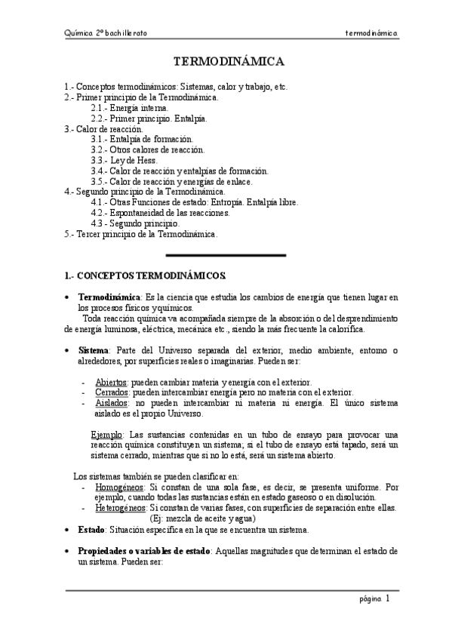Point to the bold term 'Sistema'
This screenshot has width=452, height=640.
(94, 350)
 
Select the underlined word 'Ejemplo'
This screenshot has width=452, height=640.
(107, 435)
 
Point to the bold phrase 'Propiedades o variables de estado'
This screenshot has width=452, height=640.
(144, 552)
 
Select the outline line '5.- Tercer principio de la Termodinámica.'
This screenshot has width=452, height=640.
(142, 234)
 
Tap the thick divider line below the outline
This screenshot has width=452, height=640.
(225, 255)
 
